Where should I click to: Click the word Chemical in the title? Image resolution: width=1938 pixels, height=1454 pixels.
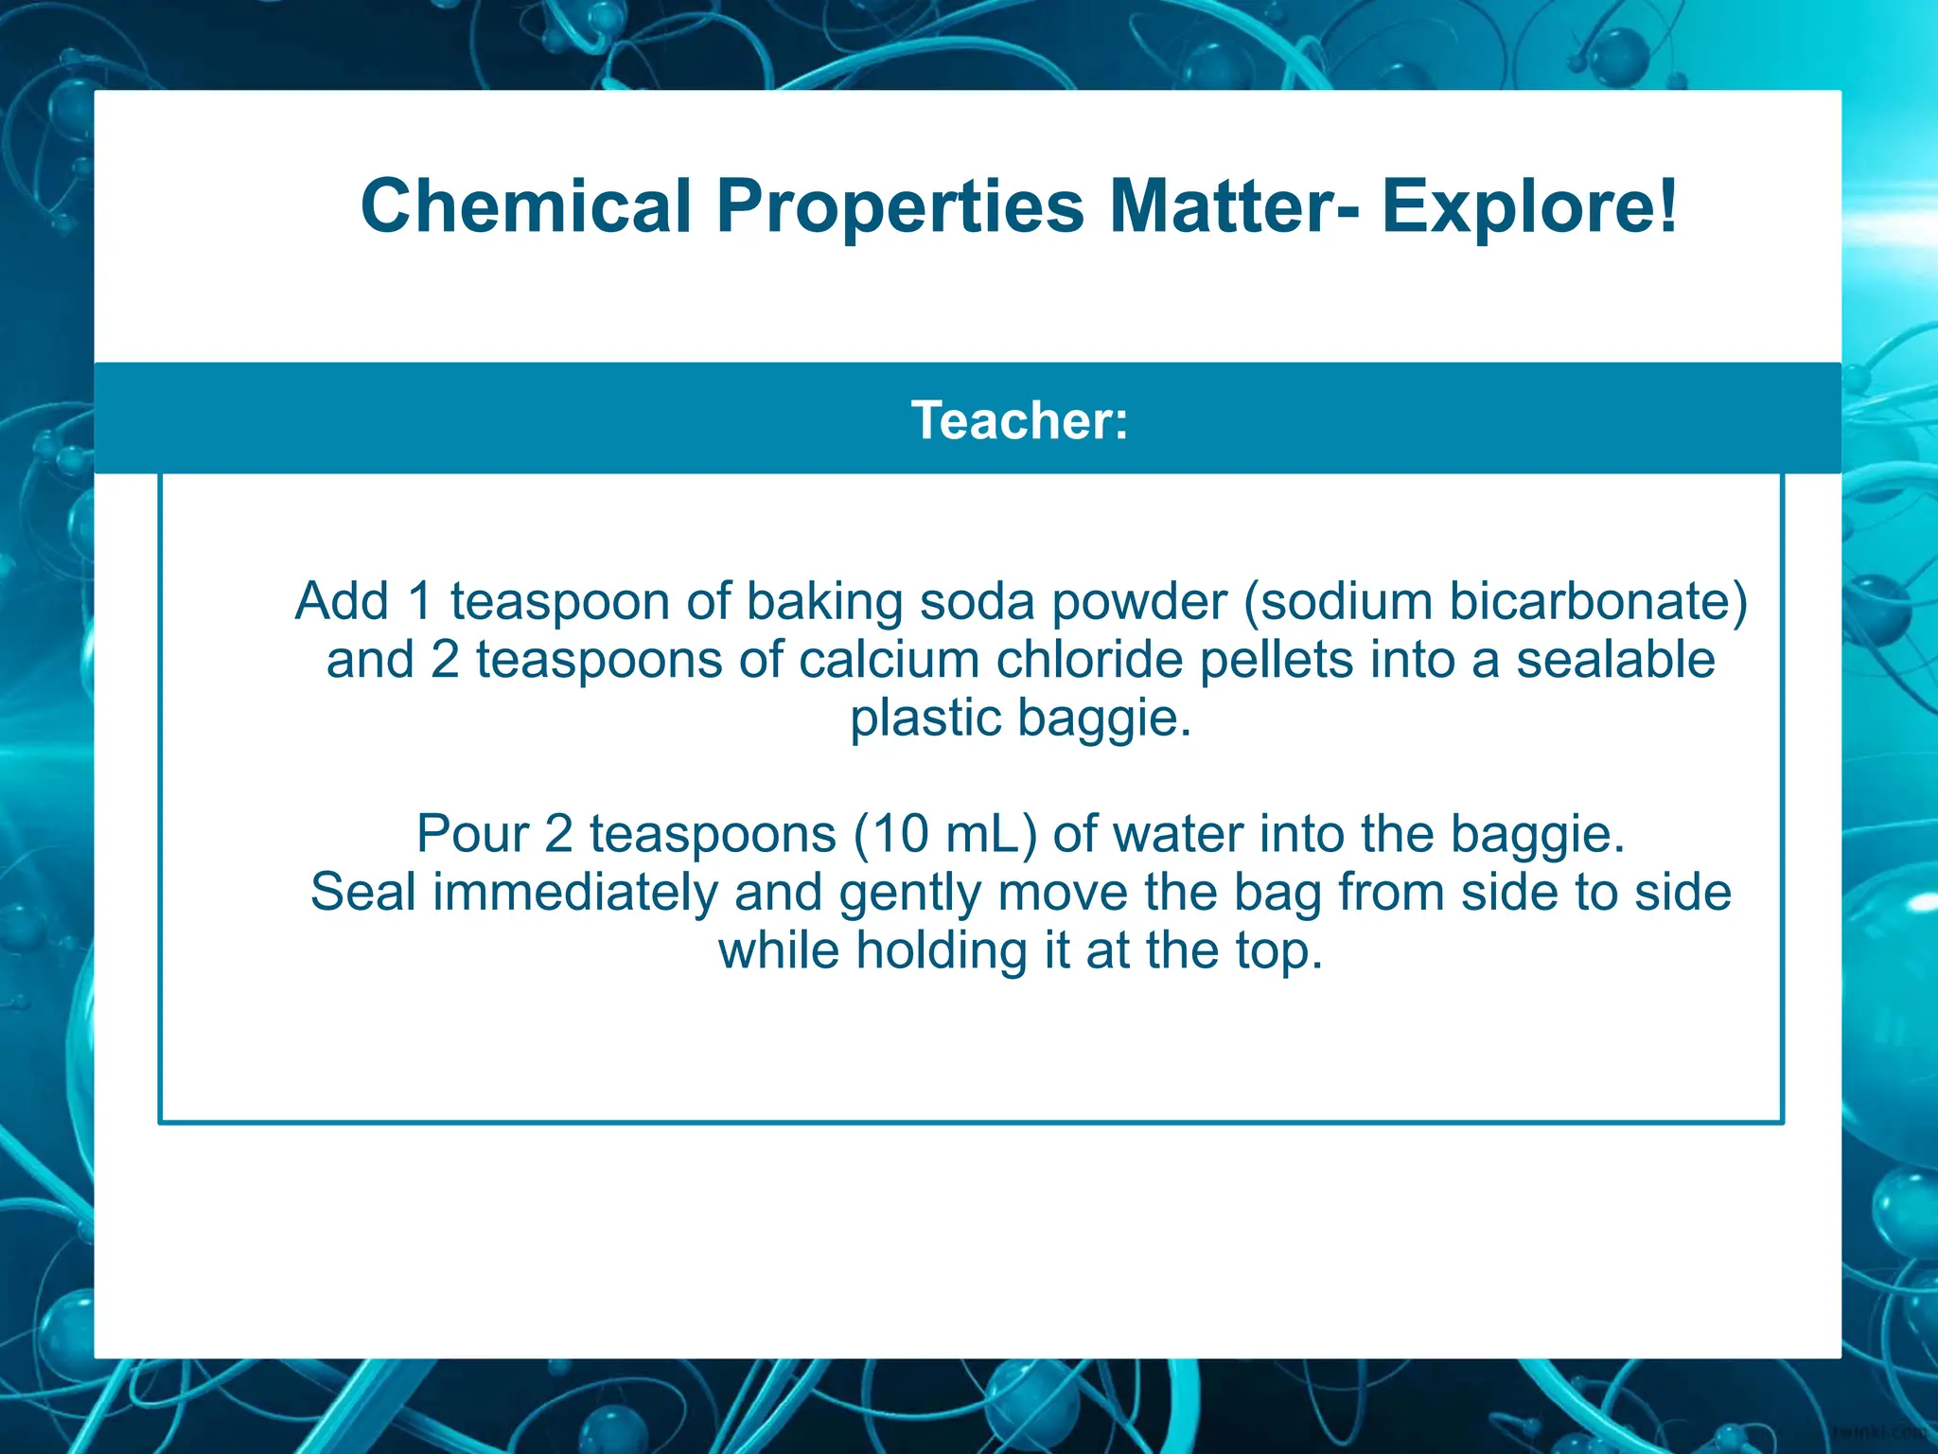coord(526,206)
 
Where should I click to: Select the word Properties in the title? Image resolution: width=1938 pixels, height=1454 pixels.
coord(900,206)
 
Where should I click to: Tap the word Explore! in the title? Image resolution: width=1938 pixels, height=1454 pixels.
coord(1529,206)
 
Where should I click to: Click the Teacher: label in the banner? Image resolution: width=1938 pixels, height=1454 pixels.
coord(1020,420)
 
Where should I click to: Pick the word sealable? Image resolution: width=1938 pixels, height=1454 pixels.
coord(1615,660)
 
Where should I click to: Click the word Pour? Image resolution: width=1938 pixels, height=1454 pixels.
coord(472,834)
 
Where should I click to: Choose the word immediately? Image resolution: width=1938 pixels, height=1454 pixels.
coord(575,893)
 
